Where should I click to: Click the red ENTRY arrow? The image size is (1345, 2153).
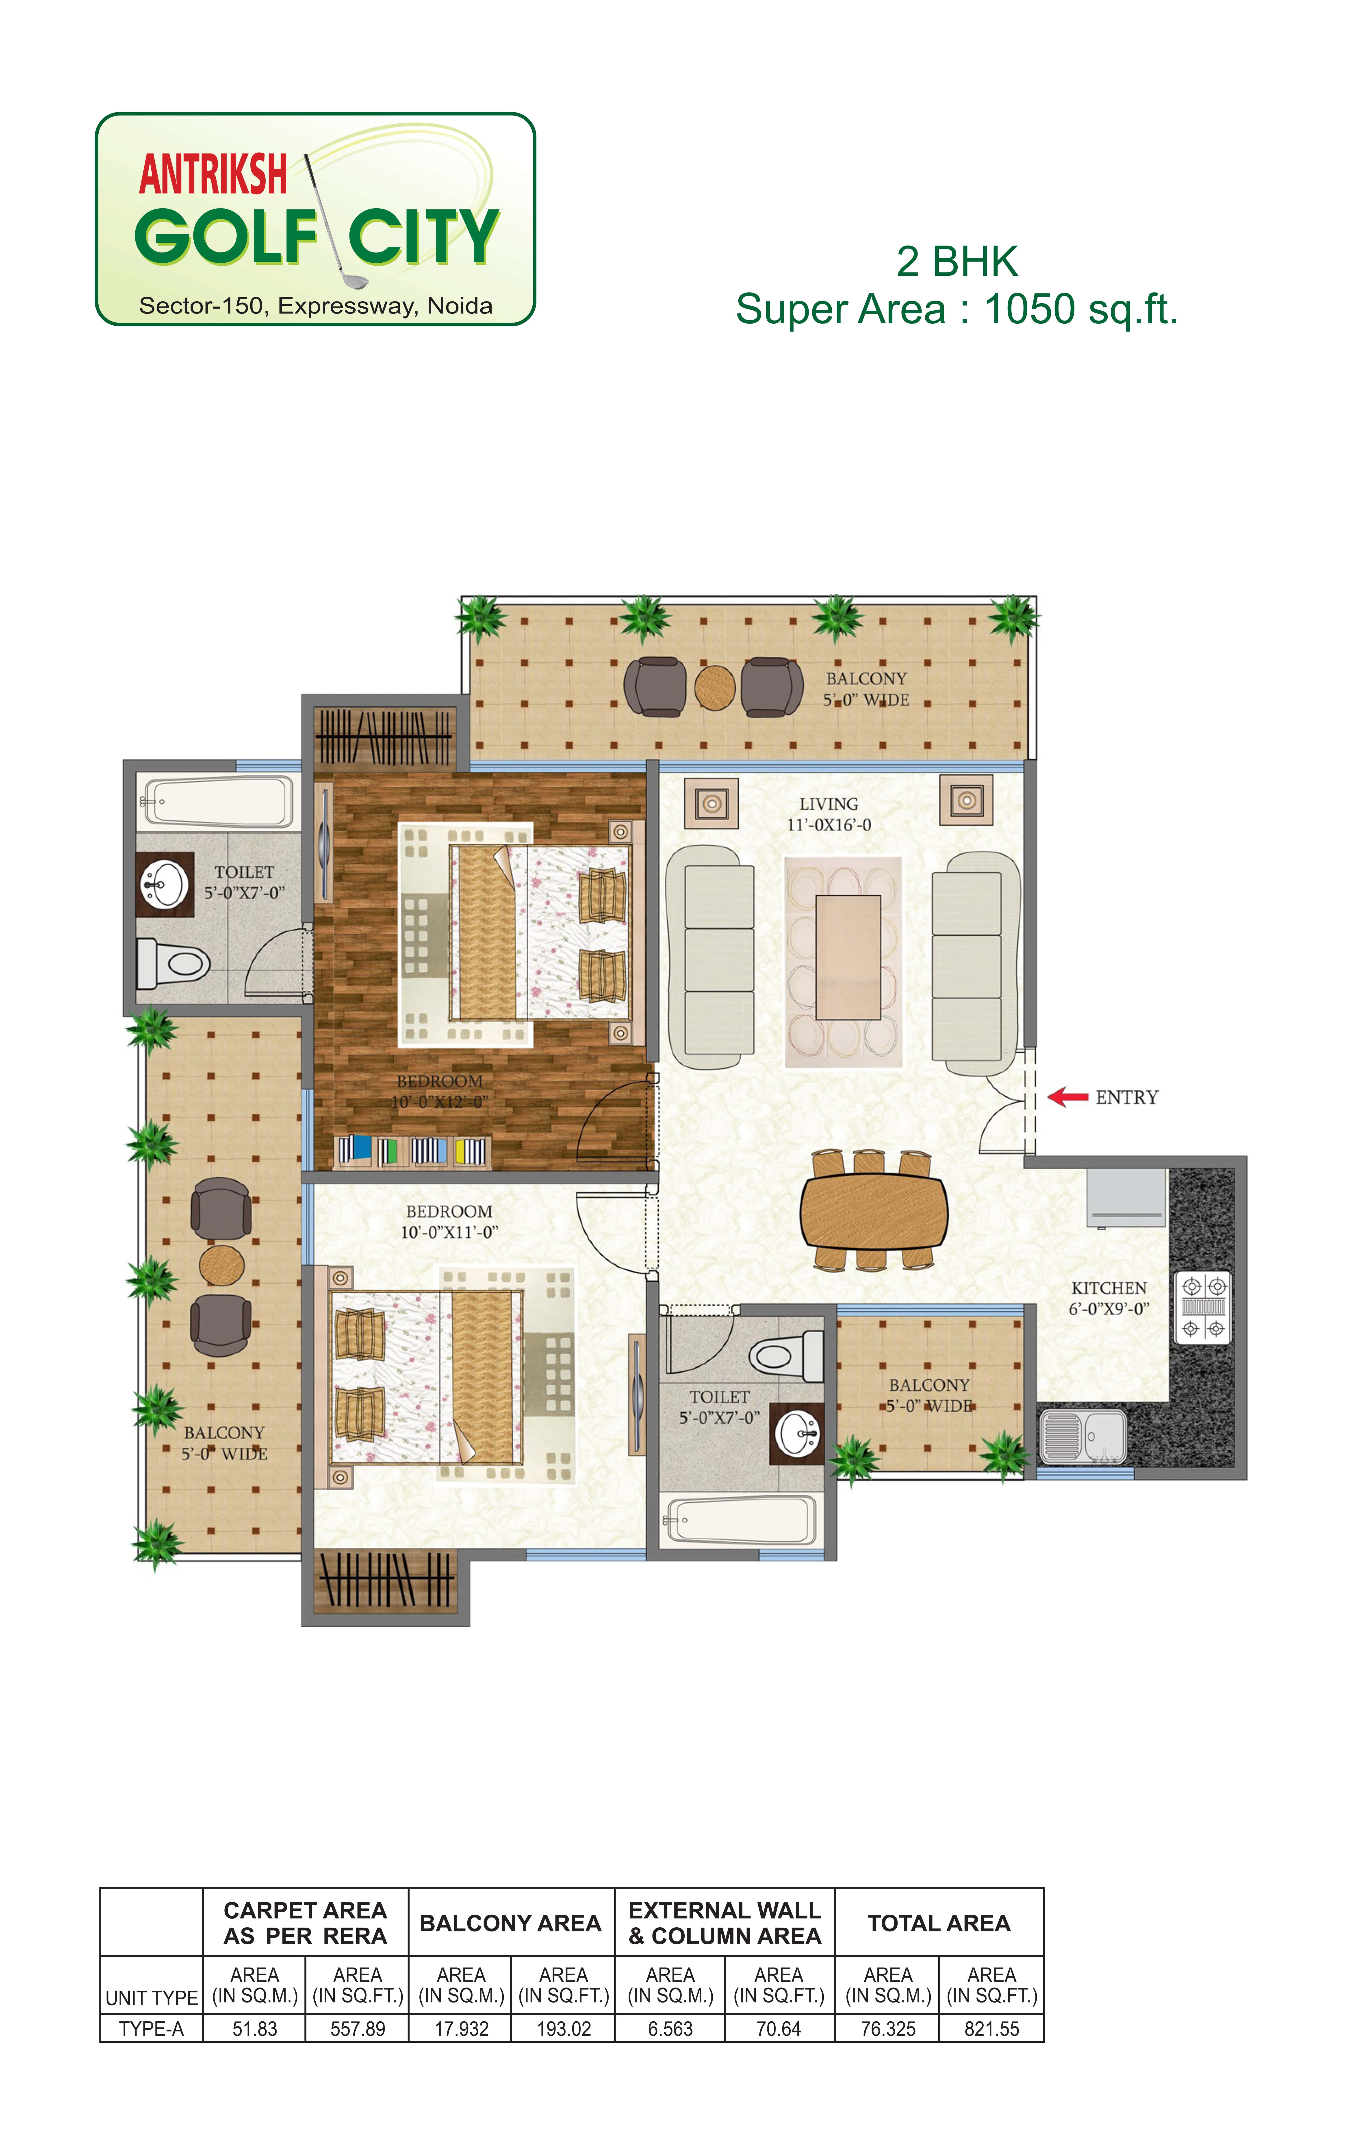(x=1067, y=1097)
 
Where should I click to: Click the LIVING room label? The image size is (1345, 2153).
(x=828, y=803)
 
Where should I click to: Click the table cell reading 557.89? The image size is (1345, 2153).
(x=358, y=2029)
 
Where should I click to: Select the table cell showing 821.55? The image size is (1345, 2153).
(x=992, y=2029)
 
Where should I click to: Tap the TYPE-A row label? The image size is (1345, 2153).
(x=151, y=2029)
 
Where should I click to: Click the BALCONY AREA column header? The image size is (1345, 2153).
(x=511, y=1924)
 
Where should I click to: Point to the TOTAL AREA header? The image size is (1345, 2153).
(x=939, y=1924)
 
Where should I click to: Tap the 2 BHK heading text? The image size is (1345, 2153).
(x=957, y=261)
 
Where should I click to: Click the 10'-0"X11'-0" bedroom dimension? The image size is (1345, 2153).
(x=449, y=1232)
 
